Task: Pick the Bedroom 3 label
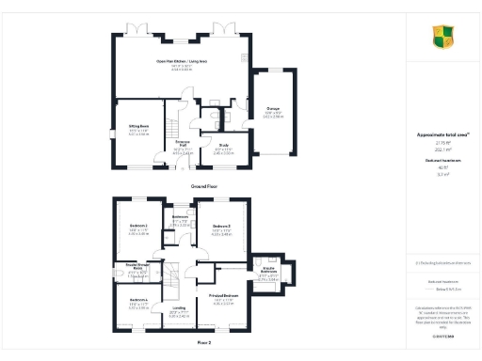point(222,227)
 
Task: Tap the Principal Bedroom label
point(222,297)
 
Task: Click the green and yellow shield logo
point(443,37)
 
